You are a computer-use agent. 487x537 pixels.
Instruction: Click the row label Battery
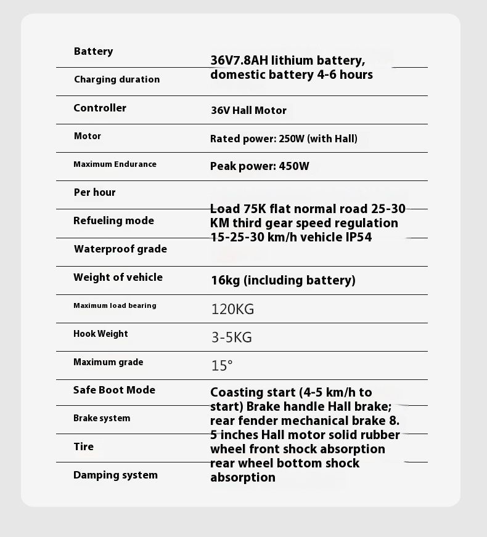(93, 51)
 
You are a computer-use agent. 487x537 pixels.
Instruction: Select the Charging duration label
(117, 79)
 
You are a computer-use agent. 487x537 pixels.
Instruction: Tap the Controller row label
(100, 108)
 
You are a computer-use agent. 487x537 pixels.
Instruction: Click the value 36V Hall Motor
(248, 111)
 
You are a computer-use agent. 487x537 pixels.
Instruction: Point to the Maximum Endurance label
(115, 164)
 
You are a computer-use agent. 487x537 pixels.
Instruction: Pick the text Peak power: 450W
(260, 166)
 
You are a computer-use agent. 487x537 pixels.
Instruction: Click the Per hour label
(94, 192)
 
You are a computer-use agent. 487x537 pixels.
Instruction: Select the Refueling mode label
(113, 220)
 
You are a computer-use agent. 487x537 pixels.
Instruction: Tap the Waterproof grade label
(120, 249)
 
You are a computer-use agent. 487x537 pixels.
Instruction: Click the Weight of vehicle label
(118, 277)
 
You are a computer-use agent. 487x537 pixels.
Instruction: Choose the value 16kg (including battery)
(283, 280)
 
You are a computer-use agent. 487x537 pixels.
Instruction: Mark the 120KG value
(232, 309)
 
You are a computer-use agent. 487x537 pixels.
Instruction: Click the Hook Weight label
(100, 334)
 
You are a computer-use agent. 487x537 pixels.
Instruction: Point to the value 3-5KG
(231, 337)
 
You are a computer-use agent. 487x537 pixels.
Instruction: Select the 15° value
(222, 366)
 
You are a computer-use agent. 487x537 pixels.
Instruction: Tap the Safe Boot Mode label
(114, 390)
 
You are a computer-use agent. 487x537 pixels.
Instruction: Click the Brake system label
(102, 418)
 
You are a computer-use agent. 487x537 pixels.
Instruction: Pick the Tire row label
(83, 446)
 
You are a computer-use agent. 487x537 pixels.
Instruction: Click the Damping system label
(115, 475)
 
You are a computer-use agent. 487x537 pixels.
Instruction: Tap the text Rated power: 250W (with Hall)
(284, 139)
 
